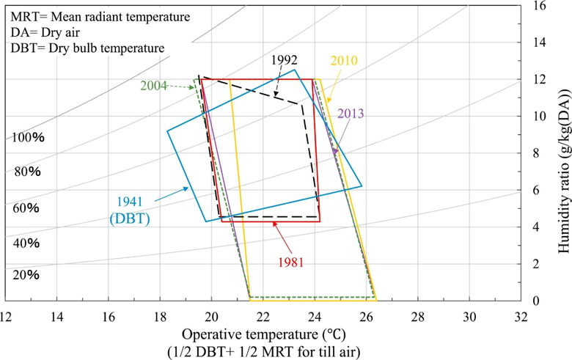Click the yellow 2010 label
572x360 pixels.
click(x=343, y=60)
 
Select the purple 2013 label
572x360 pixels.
click(x=351, y=114)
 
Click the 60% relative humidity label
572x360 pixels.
click(x=28, y=208)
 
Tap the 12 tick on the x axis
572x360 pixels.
click(x=7, y=317)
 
